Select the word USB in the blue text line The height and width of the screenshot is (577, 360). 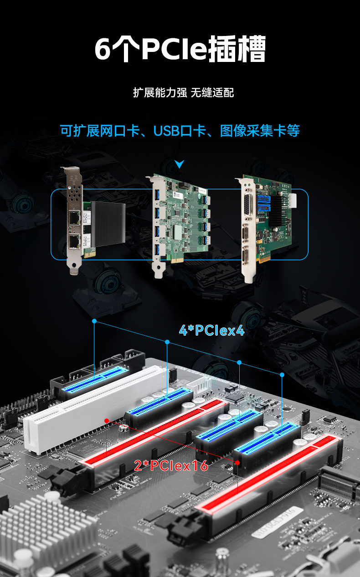166,131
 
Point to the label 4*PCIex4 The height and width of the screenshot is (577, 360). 211,330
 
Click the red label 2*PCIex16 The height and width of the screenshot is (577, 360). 171,465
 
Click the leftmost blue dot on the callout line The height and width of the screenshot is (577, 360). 94,321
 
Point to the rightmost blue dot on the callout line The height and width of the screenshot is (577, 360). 282,374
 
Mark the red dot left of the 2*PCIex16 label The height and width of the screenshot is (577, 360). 106,420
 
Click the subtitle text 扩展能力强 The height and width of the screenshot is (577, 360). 159,92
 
